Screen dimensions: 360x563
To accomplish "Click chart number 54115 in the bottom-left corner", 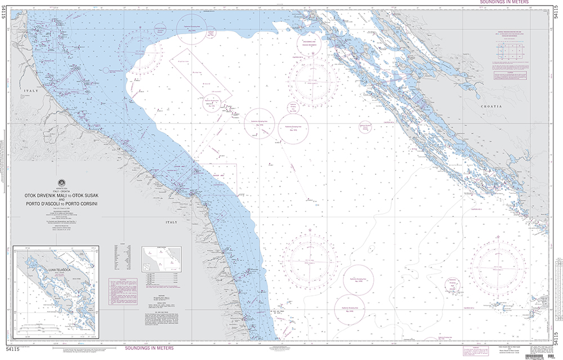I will point(14,350).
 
